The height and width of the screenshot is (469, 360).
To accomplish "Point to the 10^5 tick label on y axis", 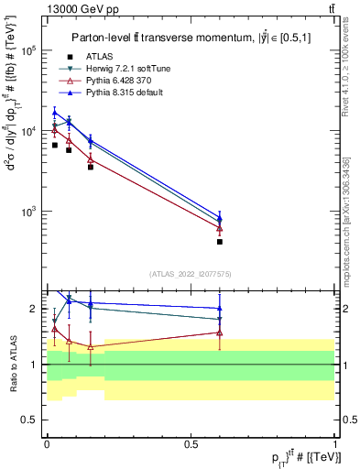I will [x=30, y=51].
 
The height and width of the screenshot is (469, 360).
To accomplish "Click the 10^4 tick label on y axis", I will [x=30, y=131].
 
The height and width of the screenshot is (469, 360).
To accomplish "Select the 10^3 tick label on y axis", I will [x=30, y=212].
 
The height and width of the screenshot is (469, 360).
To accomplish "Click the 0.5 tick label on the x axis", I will [x=191, y=442].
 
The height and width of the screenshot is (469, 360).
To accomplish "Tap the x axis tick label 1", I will [x=335, y=442].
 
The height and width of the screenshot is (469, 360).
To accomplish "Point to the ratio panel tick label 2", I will [x=36, y=309].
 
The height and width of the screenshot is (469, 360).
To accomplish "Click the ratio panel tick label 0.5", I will [x=32, y=420].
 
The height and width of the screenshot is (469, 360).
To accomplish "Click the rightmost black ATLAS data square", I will [x=220, y=242].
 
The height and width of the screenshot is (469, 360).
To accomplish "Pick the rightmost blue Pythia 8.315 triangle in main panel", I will [x=220, y=219].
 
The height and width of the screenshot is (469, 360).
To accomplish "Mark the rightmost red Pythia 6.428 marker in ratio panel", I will [x=220, y=333].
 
